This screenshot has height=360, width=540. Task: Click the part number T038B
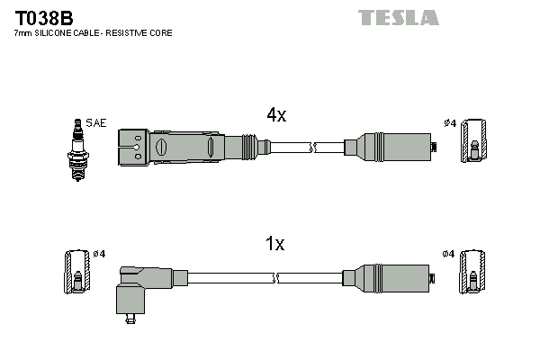click(x=43, y=17)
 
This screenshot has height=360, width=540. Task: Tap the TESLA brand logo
click(x=399, y=18)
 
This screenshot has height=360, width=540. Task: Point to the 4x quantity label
click(x=276, y=115)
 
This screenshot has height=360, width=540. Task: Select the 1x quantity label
click(x=274, y=244)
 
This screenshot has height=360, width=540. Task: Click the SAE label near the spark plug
click(x=95, y=122)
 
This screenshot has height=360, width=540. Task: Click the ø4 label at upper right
click(x=450, y=123)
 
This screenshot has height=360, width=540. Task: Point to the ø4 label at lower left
click(x=99, y=254)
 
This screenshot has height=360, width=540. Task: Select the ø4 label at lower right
click(x=449, y=254)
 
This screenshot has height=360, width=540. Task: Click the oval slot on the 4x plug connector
click(x=163, y=146)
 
